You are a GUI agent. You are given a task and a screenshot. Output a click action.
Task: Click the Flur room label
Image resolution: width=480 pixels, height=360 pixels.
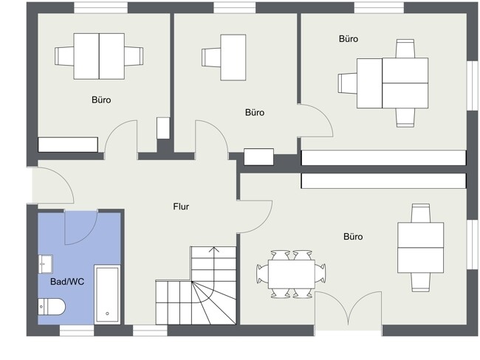[x=181, y=207]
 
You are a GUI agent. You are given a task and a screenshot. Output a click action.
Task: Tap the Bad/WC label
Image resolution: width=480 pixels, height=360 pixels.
[x=67, y=282]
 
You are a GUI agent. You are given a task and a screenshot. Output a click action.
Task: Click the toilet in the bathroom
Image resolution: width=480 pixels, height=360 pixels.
[x=52, y=306]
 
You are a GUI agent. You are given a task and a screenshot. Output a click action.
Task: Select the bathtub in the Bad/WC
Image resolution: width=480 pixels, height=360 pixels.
[x=107, y=294]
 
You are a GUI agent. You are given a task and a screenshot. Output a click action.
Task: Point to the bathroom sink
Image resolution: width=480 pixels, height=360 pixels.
[x=45, y=264]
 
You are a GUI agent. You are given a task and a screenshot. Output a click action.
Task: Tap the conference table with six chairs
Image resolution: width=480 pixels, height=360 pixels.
[x=291, y=274]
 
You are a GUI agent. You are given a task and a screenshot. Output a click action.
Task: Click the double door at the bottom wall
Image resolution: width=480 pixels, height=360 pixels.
[x=349, y=308]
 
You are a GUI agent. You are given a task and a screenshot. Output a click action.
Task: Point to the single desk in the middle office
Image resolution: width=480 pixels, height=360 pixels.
[x=233, y=58]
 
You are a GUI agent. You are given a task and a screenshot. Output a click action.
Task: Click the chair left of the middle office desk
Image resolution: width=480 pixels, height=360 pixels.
[x=211, y=58]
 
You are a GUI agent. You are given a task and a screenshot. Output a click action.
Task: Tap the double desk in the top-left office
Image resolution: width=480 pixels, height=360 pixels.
[x=99, y=56]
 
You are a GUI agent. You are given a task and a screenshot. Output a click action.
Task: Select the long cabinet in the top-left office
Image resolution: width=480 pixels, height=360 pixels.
[x=68, y=145]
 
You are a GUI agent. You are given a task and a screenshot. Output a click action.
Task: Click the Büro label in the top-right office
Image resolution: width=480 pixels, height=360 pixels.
[x=349, y=39]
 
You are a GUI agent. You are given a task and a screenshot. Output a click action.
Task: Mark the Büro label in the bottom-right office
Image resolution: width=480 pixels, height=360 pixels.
[x=353, y=236]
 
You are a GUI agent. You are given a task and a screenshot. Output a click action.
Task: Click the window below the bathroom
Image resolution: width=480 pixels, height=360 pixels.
[x=77, y=330]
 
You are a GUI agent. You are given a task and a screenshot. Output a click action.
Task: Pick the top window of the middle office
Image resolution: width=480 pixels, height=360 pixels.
[x=235, y=7]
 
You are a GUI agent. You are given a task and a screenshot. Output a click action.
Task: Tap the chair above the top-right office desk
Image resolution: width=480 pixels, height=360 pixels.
[x=405, y=49]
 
